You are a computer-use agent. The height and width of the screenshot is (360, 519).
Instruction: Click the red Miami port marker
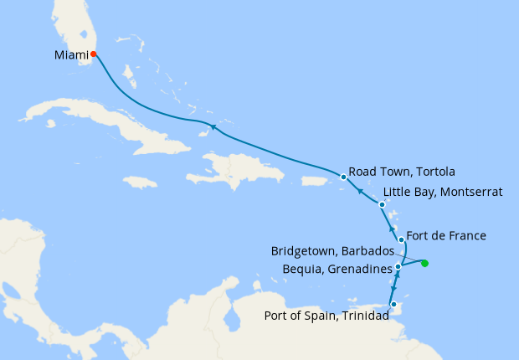tap(94, 54)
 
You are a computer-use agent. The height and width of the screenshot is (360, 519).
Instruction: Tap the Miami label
tap(68, 55)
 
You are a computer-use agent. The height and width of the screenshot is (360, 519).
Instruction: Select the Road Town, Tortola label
tap(401, 172)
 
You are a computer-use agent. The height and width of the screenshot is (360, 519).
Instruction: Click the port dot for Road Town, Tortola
tap(343, 177)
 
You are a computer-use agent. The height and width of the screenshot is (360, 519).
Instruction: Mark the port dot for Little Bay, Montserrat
tap(382, 205)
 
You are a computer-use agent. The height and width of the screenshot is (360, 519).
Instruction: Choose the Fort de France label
tap(445, 236)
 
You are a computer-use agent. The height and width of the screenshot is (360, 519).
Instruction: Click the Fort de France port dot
tap(402, 240)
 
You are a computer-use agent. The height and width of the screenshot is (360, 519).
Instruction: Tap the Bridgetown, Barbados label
tap(332, 251)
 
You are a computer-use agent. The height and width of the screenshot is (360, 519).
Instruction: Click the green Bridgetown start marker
tap(424, 264)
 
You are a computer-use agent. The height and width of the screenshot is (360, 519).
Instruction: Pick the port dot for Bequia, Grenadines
tap(398, 267)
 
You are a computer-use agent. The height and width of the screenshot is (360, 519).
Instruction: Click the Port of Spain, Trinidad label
tap(326, 316)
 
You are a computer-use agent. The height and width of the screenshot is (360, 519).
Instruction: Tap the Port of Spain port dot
tap(393, 305)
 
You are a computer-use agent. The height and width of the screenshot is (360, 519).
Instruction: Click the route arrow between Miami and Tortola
tap(213, 127)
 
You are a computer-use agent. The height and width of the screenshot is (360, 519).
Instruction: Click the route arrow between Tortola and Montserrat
tap(361, 191)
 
